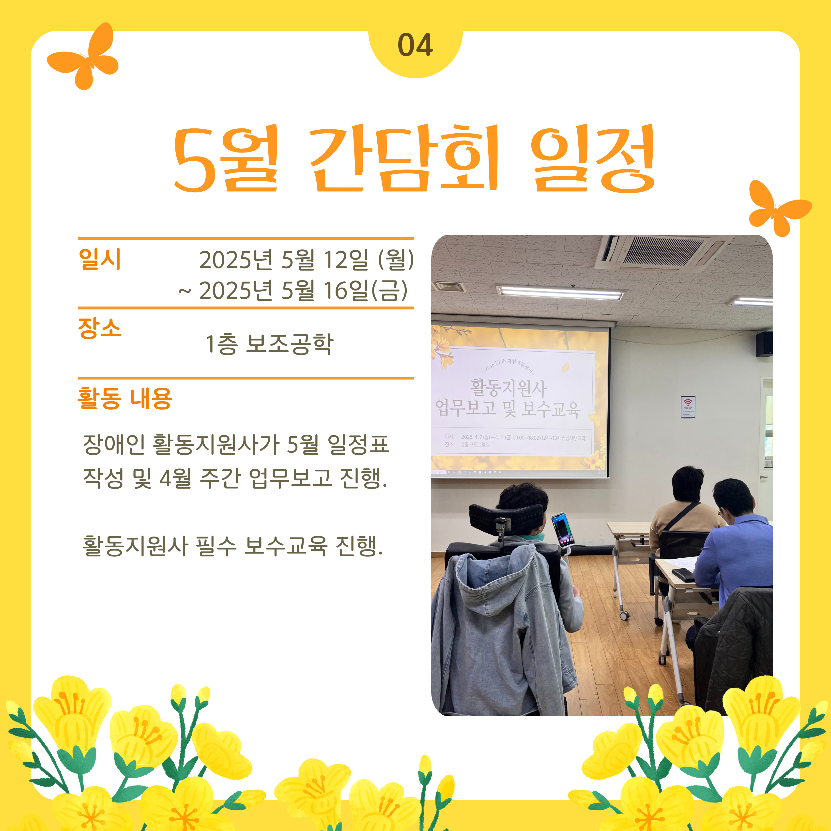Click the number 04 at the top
pyautogui.click(x=415, y=45)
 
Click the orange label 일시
pyautogui.click(x=100, y=259)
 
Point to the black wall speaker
pyautogui.click(x=764, y=344)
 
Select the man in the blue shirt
pyautogui.click(x=736, y=546)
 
